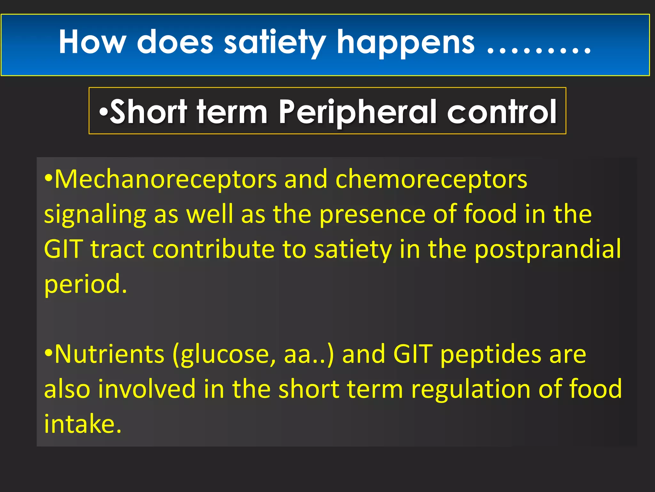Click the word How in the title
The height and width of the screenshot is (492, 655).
click(92, 42)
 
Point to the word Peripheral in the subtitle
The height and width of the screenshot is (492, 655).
click(358, 112)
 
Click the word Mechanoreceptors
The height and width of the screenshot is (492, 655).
click(166, 179)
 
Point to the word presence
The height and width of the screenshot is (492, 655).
click(373, 214)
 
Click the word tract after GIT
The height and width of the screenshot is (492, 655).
click(118, 249)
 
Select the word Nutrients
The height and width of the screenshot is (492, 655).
click(109, 354)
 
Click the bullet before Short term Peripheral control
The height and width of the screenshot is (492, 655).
click(104, 112)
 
